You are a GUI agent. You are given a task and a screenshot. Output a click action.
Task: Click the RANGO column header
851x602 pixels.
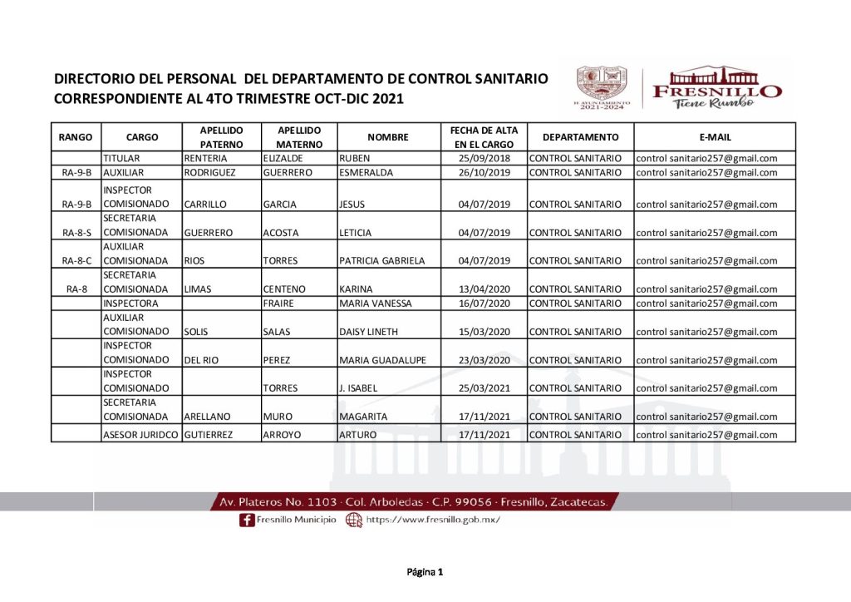click(x=76, y=137)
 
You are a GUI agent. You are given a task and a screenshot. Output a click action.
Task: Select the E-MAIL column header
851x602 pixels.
click(x=715, y=137)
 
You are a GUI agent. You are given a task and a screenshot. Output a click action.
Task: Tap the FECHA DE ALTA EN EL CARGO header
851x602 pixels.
click(x=484, y=137)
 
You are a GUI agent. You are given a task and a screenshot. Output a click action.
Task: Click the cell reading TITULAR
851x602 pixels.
click(x=121, y=158)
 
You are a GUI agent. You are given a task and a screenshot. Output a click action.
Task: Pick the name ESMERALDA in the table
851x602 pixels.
click(x=366, y=173)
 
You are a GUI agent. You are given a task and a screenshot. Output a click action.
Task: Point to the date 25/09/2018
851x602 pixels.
click(x=484, y=158)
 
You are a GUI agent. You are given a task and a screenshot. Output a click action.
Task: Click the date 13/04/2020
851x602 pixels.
click(x=484, y=289)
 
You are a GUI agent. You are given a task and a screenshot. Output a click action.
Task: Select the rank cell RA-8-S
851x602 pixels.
click(x=76, y=233)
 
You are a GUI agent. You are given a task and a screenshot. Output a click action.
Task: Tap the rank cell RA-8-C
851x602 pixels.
click(x=76, y=261)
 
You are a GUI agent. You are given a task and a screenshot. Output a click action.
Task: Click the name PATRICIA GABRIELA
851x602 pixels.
click(x=382, y=261)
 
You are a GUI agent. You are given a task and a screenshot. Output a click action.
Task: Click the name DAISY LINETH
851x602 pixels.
click(x=369, y=332)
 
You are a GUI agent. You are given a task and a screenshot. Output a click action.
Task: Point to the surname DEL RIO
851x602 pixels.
click(x=201, y=360)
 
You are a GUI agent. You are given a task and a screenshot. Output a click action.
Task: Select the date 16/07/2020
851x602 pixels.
click(x=484, y=303)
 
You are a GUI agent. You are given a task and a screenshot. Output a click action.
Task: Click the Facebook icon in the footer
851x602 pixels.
click(x=246, y=520)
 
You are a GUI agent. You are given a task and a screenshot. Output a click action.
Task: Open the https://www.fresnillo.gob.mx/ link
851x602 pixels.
click(x=432, y=520)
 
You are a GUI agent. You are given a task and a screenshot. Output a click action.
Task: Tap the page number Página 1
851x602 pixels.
click(x=425, y=572)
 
